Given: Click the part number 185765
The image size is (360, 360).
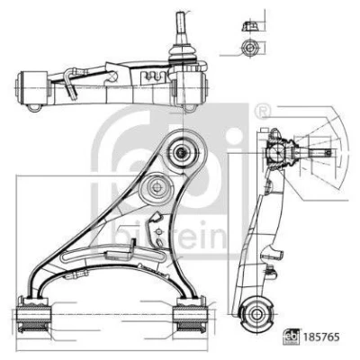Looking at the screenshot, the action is tap(322, 337).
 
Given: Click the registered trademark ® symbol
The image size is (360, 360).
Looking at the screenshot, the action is tap(263, 112).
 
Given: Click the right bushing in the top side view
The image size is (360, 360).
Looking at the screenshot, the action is tap(190, 87).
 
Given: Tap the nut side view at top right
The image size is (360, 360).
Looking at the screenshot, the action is tap(248, 26).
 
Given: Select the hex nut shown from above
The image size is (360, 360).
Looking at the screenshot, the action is tap(248, 48).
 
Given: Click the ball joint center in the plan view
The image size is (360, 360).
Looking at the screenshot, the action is tap(182, 152).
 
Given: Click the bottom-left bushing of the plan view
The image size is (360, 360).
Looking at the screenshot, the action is tap(33, 318).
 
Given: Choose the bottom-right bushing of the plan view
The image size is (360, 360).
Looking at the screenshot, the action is tap(191, 318).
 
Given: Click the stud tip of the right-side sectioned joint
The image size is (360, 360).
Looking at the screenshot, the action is tap(328, 153).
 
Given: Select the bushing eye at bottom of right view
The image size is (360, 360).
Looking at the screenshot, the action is tap(256, 314).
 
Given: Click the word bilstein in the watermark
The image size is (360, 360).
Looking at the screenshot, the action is tap(169, 236).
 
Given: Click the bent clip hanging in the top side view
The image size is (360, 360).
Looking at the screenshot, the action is tap(70, 84).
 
